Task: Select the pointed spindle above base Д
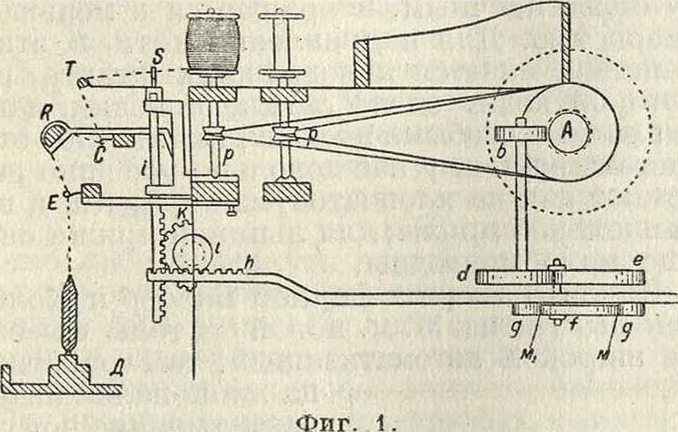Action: click(67, 315)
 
